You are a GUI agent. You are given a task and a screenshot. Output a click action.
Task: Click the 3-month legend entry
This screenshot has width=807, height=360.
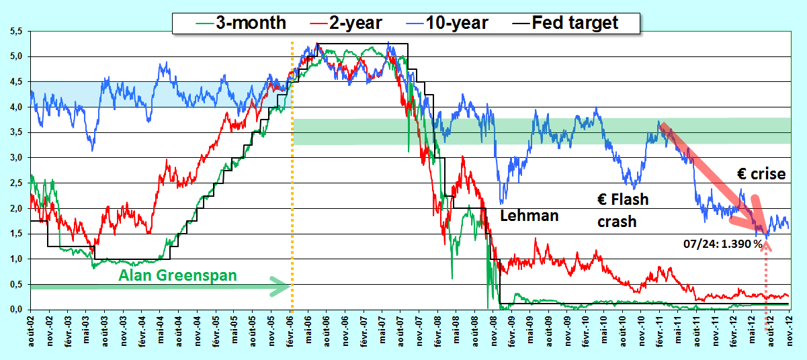(241, 23)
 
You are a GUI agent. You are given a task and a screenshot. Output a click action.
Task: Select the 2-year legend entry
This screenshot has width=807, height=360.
(346, 23)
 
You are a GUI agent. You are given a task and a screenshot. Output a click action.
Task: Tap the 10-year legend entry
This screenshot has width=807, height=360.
(447, 23)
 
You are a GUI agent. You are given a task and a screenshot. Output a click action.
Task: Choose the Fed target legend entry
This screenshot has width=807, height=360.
(565, 23)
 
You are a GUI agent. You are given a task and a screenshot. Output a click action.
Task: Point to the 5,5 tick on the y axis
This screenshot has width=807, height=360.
(16, 32)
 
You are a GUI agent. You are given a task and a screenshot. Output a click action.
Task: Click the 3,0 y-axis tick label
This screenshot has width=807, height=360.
(16, 158)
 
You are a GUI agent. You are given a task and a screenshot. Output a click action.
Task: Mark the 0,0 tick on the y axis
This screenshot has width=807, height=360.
(16, 310)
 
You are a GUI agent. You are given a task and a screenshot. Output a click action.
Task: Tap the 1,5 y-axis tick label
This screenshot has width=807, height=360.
(16, 234)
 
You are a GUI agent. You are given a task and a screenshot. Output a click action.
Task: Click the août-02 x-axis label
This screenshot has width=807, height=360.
(31, 332)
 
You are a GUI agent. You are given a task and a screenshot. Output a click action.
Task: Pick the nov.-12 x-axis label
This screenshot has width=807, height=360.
(789, 332)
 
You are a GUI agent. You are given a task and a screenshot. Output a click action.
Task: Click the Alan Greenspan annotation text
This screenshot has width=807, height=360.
(177, 275)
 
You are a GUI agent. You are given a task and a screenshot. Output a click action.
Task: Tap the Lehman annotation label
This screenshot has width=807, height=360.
(529, 216)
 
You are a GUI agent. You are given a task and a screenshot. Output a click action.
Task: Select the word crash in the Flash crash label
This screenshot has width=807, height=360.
(617, 222)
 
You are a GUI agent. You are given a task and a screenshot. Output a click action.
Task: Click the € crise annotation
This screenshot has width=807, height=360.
(761, 174)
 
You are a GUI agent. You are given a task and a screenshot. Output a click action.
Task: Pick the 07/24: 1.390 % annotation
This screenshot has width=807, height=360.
(723, 244)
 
